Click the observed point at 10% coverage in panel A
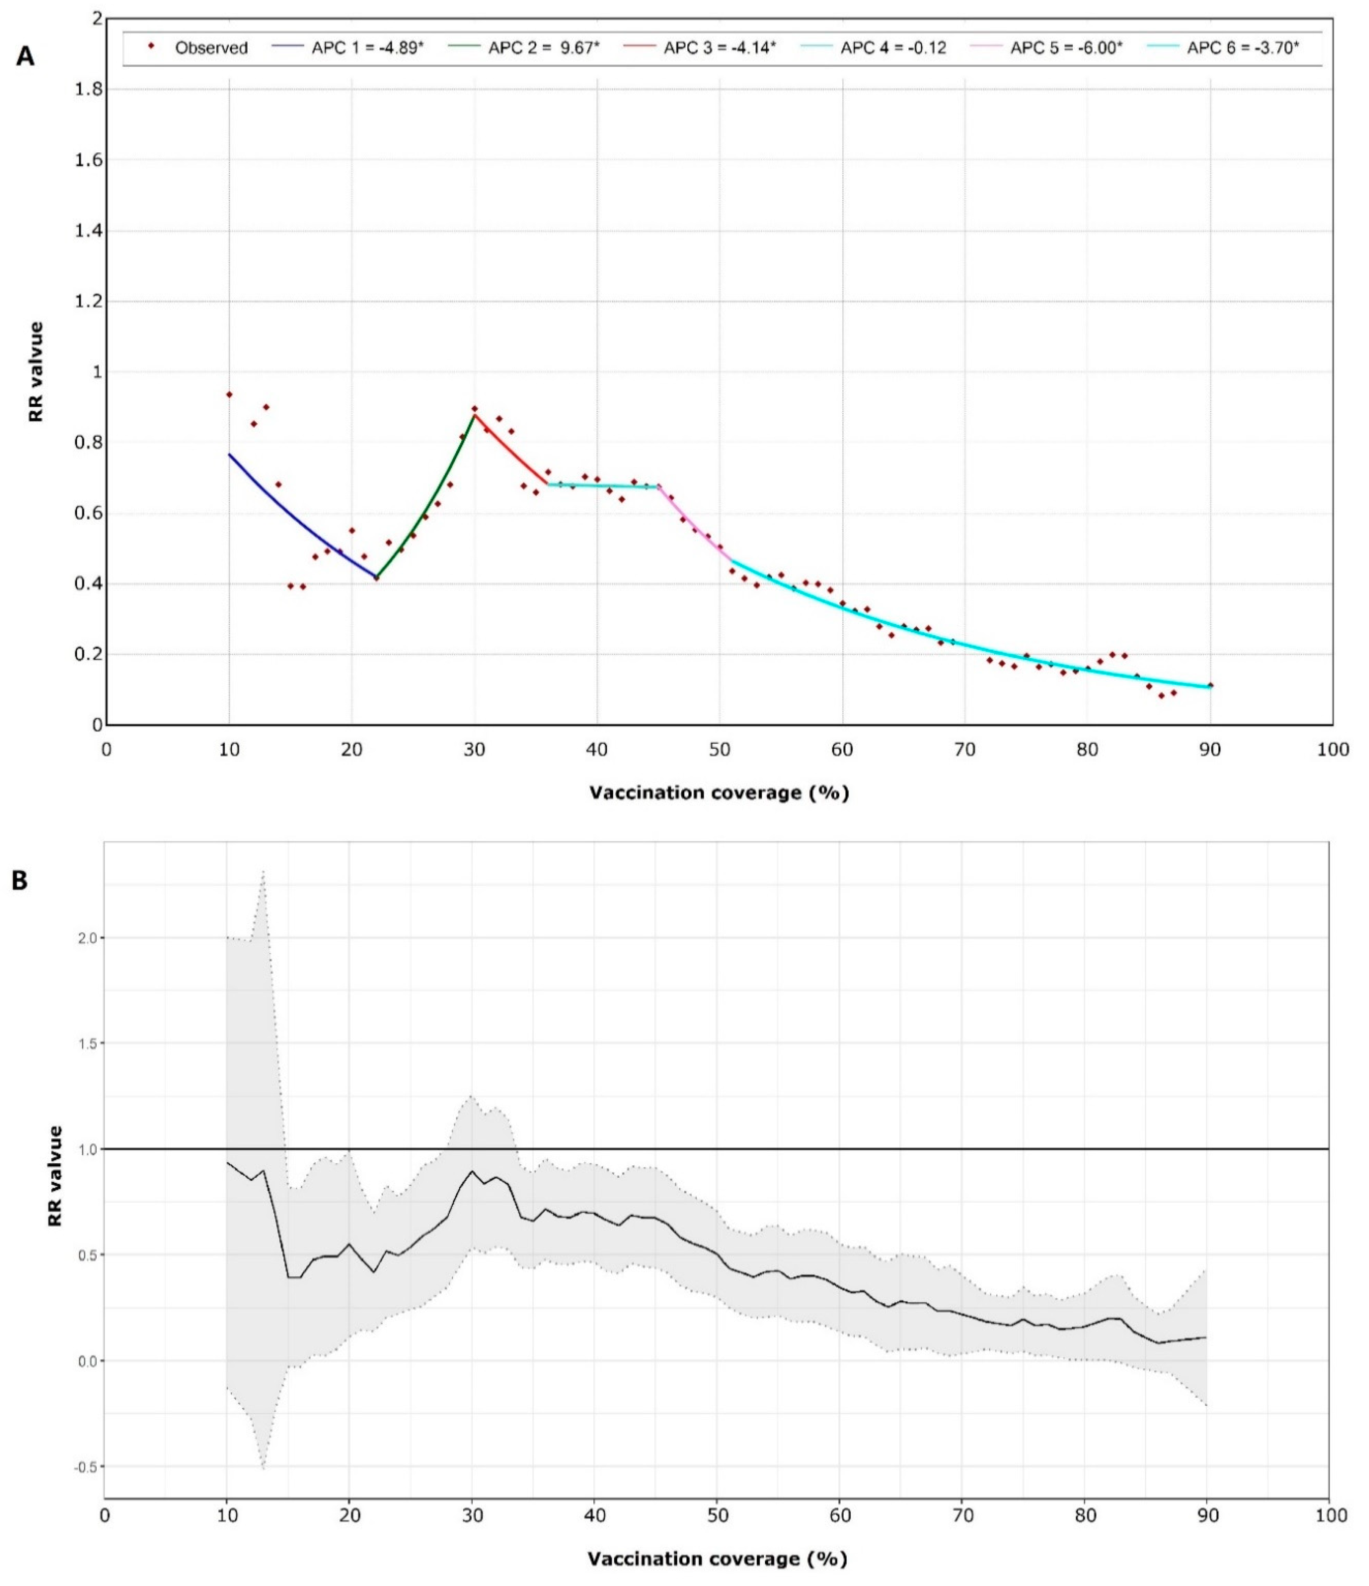click(229, 394)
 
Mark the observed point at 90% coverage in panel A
click(1210, 685)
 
